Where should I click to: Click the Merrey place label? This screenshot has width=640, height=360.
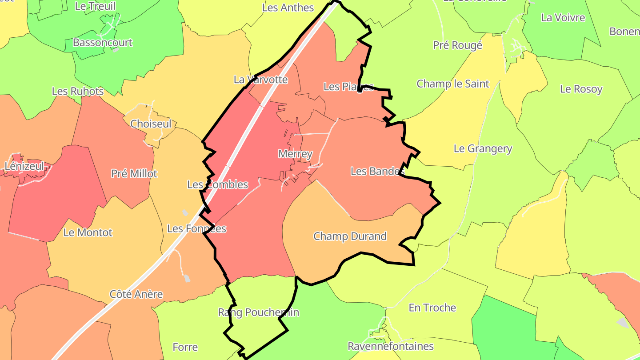point(295,154)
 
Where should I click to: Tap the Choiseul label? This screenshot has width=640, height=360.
point(151,124)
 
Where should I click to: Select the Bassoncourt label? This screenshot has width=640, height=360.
point(103,43)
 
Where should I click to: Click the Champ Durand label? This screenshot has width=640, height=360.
point(350,236)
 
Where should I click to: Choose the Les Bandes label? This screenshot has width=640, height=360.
point(377,171)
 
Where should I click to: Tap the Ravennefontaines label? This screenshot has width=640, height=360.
point(391,346)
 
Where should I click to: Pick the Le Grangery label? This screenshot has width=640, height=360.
point(483,149)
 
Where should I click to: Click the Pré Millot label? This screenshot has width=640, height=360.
point(134,173)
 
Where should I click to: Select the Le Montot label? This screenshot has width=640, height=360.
point(88,232)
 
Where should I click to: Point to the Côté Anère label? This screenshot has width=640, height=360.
point(136,294)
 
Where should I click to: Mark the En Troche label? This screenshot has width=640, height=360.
point(432,308)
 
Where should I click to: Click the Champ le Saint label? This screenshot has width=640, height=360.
point(452,84)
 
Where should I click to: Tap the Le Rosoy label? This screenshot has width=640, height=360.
point(581,89)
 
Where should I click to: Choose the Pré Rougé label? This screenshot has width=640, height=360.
point(457,45)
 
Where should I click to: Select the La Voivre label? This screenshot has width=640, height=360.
point(563,18)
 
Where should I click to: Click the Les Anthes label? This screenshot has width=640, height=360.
point(288,8)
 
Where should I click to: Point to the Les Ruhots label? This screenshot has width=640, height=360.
point(78,92)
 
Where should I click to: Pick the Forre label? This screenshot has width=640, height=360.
point(185,347)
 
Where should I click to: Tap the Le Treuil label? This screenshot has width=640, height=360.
point(95,6)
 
